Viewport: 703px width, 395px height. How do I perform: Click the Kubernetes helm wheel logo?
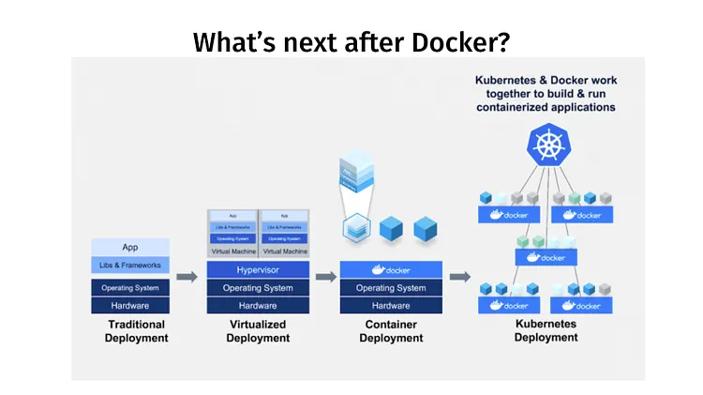pos(546,144)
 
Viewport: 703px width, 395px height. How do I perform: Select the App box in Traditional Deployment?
pos(130,247)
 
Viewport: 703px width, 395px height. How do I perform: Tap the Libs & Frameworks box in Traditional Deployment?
pos(130,266)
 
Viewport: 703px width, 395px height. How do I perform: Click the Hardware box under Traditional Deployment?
pos(130,306)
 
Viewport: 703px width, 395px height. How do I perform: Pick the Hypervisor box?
pos(257,270)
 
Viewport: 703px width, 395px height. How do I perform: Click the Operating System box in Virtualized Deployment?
pos(257,288)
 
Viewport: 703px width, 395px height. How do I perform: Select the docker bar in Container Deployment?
pos(391,270)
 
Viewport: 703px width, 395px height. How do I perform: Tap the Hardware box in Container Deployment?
pos(391,306)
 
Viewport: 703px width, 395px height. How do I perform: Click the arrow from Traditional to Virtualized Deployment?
pos(187,277)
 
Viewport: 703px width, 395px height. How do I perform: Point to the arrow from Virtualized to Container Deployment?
pos(325,277)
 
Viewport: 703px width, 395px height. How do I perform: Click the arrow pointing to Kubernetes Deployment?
pos(460,277)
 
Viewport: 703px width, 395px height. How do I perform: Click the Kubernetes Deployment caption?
pos(546,330)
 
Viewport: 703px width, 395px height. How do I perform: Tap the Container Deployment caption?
pos(391,331)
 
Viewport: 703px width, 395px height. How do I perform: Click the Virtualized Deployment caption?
pos(257,331)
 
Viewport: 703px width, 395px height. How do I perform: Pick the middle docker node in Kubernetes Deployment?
pos(546,257)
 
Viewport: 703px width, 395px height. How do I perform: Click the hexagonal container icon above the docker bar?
pos(355,226)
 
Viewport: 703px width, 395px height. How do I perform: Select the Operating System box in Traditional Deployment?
pos(130,288)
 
